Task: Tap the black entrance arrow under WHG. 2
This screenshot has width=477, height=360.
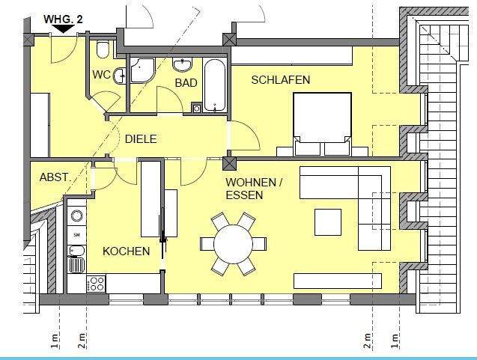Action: pos(62,29)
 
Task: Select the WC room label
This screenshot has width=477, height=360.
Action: pos(101,75)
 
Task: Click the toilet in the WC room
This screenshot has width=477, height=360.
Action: pos(104,49)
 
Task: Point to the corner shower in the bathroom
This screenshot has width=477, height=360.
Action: pos(141,70)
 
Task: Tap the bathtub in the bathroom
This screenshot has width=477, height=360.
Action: pos(216,84)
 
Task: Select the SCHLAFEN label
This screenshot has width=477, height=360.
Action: pos(280,79)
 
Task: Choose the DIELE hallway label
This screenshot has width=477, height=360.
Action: pos(140,138)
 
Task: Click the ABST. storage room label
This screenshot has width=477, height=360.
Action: pos(55,177)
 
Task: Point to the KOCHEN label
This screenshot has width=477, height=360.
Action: pos(126,251)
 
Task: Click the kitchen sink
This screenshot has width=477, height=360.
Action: pos(76,263)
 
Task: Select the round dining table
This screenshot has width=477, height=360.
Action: pos(233,243)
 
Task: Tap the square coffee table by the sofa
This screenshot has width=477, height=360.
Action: pos(328,222)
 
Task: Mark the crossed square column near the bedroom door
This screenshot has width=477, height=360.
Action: pos(230,163)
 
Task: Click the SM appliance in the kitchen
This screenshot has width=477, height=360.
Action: pos(76,235)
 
